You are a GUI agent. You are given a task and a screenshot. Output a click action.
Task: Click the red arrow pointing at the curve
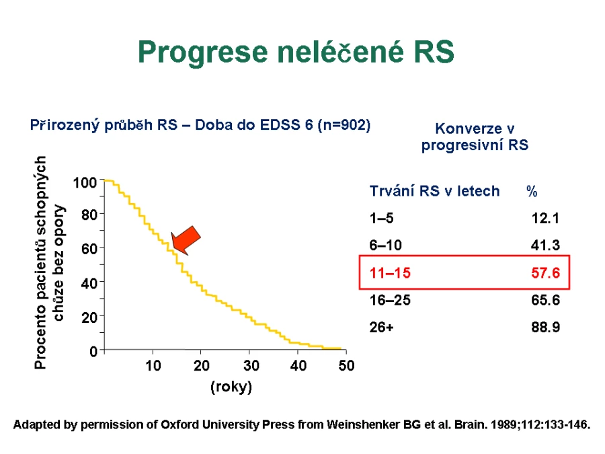click(186, 241)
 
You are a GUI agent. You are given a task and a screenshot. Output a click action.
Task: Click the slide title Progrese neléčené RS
click(296, 52)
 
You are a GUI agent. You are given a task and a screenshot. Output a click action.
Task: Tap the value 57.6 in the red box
click(545, 273)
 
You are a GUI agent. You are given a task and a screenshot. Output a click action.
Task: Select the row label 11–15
click(390, 273)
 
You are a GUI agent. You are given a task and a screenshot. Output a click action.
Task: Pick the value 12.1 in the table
click(545, 218)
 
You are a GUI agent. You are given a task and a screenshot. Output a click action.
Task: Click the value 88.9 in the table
click(545, 327)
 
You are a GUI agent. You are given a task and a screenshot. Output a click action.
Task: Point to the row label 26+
click(382, 327)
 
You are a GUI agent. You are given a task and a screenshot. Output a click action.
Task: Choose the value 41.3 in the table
click(545, 245)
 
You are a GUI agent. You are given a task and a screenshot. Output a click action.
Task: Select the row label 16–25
click(390, 300)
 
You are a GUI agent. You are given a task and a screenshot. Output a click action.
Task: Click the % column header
click(532, 191)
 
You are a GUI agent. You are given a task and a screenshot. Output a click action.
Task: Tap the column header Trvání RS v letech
click(434, 191)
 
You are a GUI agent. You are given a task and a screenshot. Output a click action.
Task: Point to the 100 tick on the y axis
click(85, 182)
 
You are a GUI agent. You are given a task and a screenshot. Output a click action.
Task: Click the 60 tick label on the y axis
click(89, 249)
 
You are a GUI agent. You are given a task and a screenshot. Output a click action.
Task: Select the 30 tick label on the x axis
click(251, 365)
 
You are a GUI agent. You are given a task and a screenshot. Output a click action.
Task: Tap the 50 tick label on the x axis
click(346, 365)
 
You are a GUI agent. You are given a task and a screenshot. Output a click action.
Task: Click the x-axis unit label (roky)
click(231, 387)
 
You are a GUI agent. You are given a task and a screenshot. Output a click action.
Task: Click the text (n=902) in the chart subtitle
click(344, 125)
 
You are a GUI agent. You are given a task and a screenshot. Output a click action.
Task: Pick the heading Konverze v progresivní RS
click(475, 137)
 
